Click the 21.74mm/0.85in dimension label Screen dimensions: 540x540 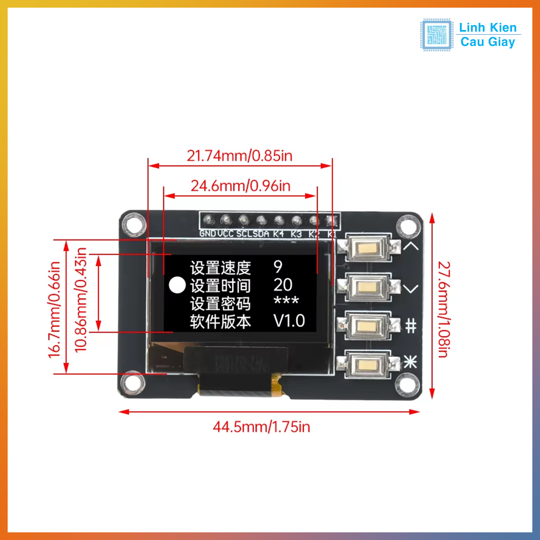[239, 155]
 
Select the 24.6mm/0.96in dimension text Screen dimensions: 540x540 [240, 186]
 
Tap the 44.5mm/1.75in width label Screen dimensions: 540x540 [261, 426]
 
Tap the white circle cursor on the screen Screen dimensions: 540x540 [177, 285]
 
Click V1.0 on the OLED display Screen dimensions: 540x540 [289, 321]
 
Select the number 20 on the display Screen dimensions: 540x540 [283, 285]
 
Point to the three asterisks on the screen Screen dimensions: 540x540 [286, 302]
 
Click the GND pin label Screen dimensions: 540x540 [208, 234]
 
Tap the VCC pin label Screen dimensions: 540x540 [226, 234]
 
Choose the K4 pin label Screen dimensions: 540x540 [278, 234]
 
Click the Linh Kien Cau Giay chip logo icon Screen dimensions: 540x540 [436, 35]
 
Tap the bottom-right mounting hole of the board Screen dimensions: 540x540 [407, 381]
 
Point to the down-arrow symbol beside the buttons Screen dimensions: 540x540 [411, 289]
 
